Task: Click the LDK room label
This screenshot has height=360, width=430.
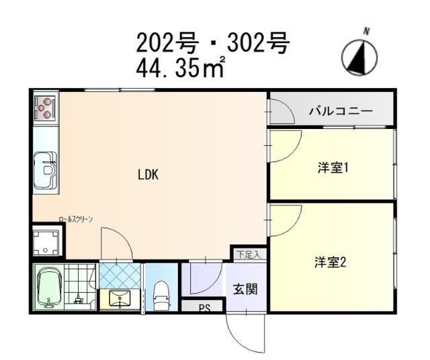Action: click(148, 175)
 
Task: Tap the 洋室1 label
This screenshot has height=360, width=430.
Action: click(332, 168)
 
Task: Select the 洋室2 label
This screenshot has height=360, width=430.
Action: click(330, 263)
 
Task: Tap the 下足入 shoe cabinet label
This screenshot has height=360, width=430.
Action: click(250, 254)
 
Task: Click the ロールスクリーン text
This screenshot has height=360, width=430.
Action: click(75, 220)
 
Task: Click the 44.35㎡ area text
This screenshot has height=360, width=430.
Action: click(181, 69)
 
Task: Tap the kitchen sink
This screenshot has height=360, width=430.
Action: click(46, 165)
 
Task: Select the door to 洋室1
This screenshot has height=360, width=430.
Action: click(282, 146)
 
